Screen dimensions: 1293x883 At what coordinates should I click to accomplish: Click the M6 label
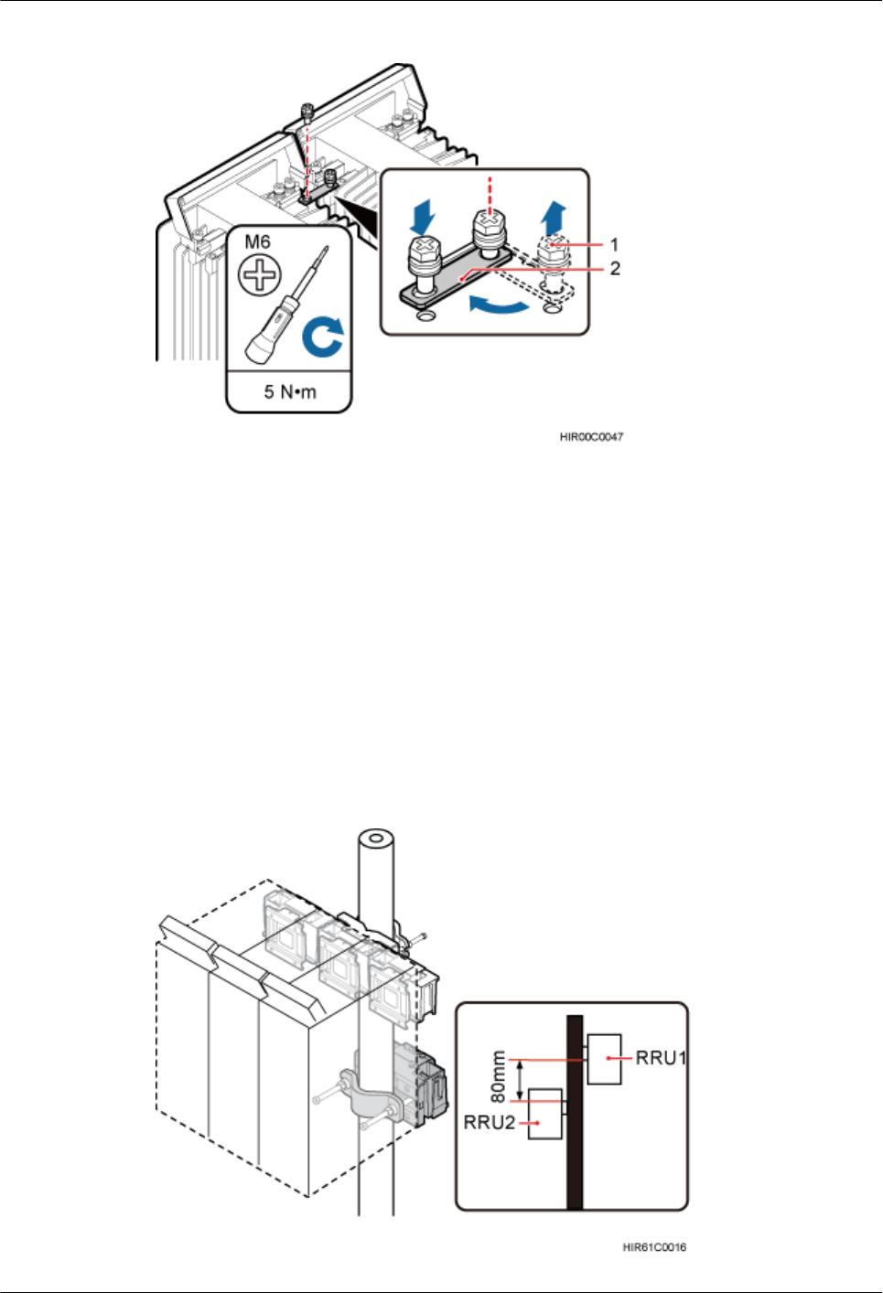click(257, 242)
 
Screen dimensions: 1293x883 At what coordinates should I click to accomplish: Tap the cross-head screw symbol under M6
click(260, 274)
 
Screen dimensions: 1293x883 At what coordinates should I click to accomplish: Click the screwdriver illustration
click(283, 305)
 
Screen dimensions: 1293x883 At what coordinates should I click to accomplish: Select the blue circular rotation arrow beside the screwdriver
click(323, 336)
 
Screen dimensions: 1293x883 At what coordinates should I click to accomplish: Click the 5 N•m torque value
click(290, 392)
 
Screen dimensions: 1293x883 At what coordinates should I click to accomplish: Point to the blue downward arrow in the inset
click(424, 217)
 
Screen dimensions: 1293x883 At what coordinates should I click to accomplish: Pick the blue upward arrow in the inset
click(553, 219)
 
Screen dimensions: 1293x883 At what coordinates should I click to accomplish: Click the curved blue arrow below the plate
click(500, 305)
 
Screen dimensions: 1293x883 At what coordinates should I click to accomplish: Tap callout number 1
click(615, 245)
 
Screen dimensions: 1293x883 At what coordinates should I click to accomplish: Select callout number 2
click(615, 268)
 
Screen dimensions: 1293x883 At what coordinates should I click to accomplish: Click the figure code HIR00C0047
click(591, 437)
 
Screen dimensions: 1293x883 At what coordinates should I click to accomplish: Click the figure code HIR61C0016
click(654, 1247)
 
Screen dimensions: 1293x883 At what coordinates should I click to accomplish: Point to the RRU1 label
click(661, 1058)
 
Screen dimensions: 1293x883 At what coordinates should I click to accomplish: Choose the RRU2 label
click(490, 1122)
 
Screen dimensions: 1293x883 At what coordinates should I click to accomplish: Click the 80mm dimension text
click(499, 1076)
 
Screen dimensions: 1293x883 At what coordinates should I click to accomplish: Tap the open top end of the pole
click(376, 839)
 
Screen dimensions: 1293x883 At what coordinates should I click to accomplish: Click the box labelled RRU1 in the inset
click(604, 1059)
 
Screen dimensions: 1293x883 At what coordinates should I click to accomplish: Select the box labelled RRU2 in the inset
click(546, 1113)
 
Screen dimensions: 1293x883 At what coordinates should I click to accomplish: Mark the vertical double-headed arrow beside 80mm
click(521, 1080)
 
